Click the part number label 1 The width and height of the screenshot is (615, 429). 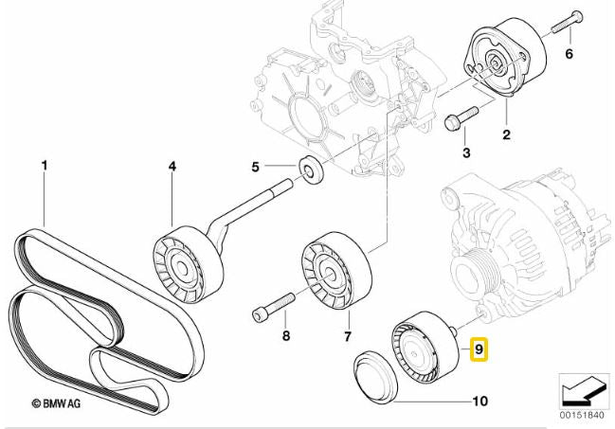tap(44, 168)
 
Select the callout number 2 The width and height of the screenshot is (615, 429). tap(506, 134)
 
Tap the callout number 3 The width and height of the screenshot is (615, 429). tap(466, 152)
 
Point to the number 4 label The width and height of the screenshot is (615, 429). tap(172, 168)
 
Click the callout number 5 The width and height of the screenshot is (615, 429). tap(255, 169)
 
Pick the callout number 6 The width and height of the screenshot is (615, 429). tap(570, 54)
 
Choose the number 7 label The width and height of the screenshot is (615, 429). tap(347, 336)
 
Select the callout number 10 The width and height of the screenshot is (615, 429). tap(479, 402)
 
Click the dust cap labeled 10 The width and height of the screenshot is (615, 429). tap(373, 379)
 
